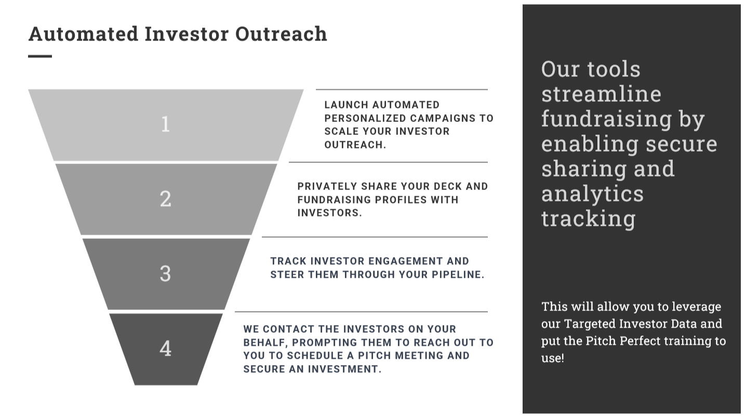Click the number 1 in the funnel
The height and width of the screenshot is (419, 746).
click(166, 125)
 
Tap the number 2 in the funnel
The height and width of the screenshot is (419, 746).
click(166, 199)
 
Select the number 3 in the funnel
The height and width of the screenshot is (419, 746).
click(166, 274)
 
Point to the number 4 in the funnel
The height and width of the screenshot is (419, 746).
click(166, 348)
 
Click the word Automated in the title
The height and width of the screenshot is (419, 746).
click(83, 34)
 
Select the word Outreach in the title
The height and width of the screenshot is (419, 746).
click(281, 34)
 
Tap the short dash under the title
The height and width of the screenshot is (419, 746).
click(40, 56)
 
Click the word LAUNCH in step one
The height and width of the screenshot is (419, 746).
click(347, 105)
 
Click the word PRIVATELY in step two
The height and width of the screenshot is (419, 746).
click(327, 186)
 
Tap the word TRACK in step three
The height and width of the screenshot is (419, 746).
click(288, 261)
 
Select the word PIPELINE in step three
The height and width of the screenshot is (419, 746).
click(458, 275)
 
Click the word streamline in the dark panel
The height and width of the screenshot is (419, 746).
click(602, 94)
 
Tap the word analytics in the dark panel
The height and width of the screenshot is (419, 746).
click(592, 194)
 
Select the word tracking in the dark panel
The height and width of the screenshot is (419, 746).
click(589, 219)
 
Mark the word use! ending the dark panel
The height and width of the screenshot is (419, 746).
click(553, 358)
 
